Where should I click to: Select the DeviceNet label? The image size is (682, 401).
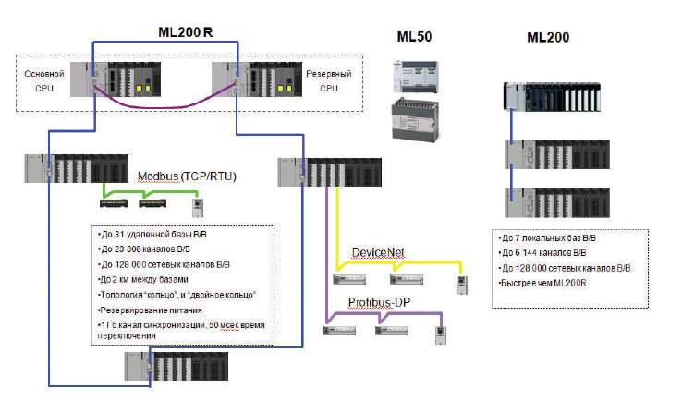(x=378, y=252)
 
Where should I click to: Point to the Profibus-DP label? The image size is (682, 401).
(x=379, y=302)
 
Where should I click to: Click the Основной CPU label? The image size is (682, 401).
(x=51, y=78)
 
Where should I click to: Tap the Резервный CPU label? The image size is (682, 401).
(x=329, y=78)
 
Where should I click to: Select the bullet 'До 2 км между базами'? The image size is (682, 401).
(x=142, y=279)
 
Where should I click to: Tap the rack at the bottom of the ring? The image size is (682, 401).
(x=177, y=367)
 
